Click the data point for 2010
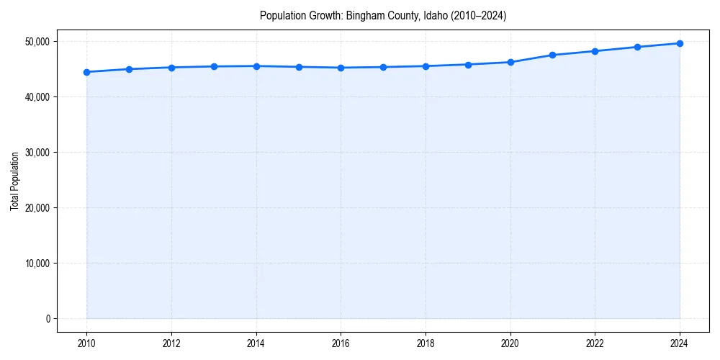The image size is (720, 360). point(86,72)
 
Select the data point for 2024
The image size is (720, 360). point(680,43)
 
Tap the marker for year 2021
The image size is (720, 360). point(553,55)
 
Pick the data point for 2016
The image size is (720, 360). point(341,68)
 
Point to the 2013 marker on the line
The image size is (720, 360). point(214,66)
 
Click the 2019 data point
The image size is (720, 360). point(468,65)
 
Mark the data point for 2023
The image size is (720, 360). point(637,47)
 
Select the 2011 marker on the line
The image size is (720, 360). point(129,69)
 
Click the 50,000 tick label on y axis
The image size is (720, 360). point(37,42)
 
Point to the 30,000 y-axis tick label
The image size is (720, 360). point(37,153)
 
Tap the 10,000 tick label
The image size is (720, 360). point(37,264)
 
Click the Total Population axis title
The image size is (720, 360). point(14,181)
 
